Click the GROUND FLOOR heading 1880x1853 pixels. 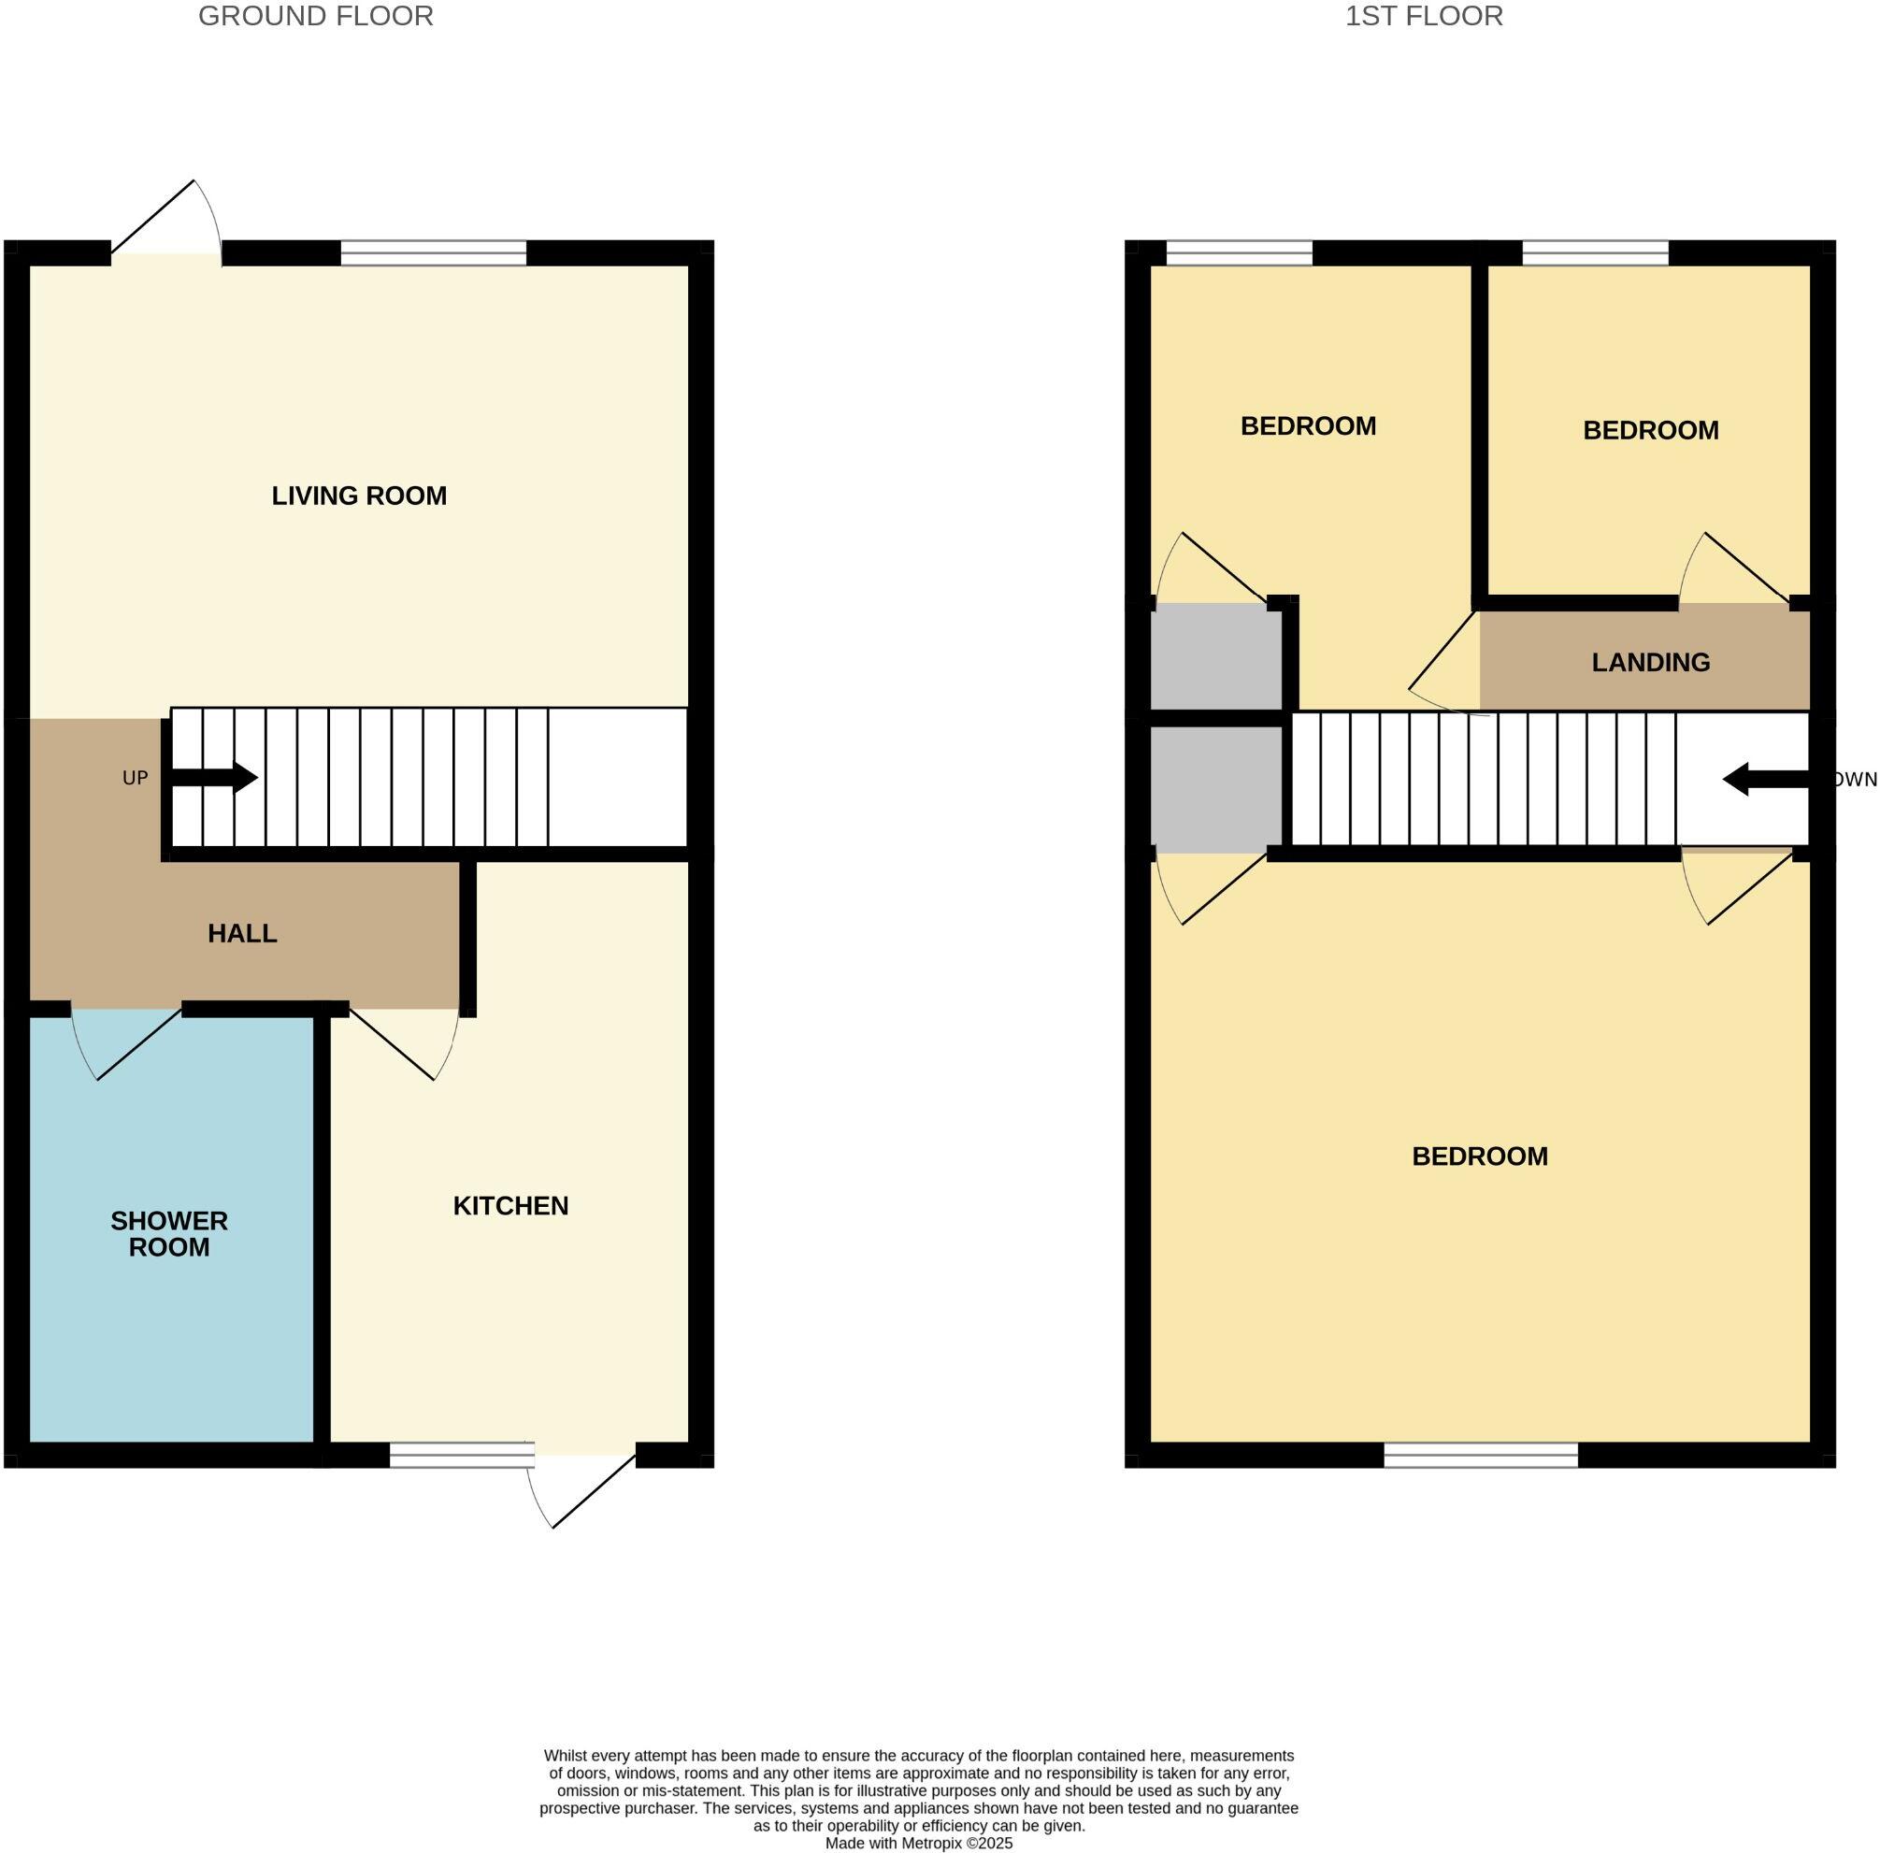pyautogui.click(x=315, y=17)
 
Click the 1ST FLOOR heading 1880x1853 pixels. pyautogui.click(x=1423, y=17)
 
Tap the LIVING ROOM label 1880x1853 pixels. pyautogui.click(x=359, y=496)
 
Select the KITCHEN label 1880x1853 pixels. pyautogui.click(x=509, y=1206)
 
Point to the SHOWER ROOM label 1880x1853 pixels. pyautogui.click(x=169, y=1234)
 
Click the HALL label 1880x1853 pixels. pyautogui.click(x=242, y=933)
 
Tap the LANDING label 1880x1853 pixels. pyautogui.click(x=1650, y=663)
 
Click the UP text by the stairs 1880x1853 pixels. pyautogui.click(x=136, y=778)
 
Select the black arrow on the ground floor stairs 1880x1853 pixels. pyautogui.click(x=214, y=778)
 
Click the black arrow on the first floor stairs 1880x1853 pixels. pyautogui.click(x=1763, y=780)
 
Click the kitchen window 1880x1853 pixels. pyautogui.click(x=461, y=1455)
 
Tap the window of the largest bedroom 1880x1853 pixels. pyautogui.click(x=1480, y=1455)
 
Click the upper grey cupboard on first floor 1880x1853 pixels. pyautogui.click(x=1215, y=657)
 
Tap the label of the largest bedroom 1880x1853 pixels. pyautogui.click(x=1479, y=1156)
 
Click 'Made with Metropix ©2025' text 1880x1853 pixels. pyautogui.click(x=919, y=1844)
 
